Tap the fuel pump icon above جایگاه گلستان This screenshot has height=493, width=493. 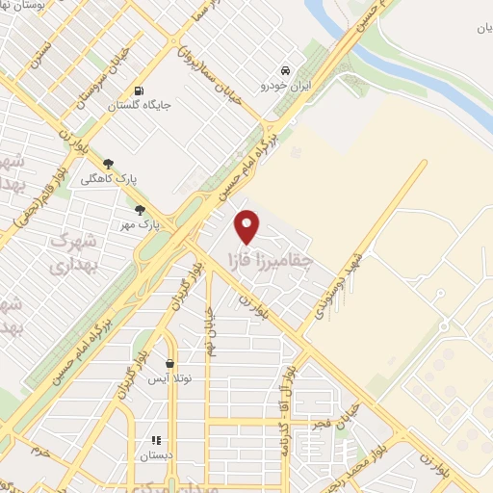(141, 91)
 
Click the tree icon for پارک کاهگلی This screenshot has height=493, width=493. (107, 164)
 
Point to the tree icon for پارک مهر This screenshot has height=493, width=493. (140, 210)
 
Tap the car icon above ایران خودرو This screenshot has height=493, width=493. (285, 70)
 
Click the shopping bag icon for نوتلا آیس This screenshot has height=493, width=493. (170, 364)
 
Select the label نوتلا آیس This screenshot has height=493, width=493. (171, 379)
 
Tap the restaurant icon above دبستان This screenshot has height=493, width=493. (155, 441)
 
